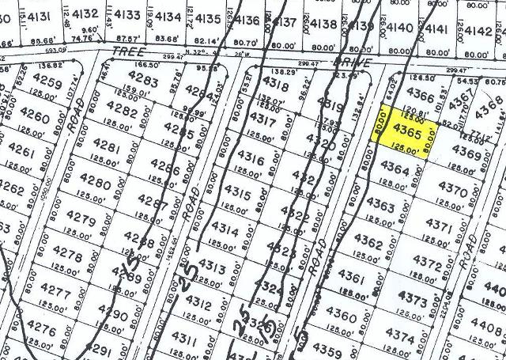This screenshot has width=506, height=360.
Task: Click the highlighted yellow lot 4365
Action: (405, 131)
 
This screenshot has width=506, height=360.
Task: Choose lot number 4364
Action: (395, 169)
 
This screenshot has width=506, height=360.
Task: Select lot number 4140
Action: (401, 28)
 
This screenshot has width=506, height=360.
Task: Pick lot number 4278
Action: (65, 256)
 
